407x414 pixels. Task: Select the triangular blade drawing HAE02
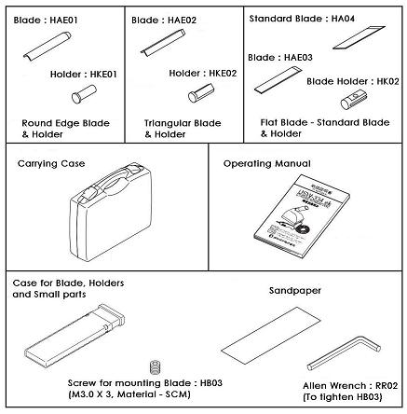pos(167,44)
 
